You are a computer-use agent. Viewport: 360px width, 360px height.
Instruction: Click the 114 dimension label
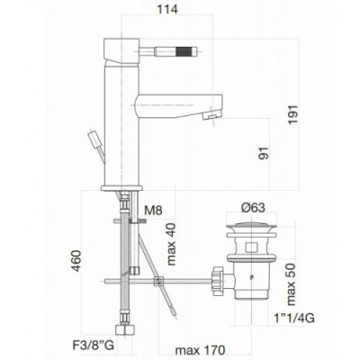pos(167,9)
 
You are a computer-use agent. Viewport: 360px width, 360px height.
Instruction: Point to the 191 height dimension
pos(292,114)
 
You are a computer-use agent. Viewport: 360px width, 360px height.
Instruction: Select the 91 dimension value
pos(264,153)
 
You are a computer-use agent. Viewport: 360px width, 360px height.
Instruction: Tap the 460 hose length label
pos(76,261)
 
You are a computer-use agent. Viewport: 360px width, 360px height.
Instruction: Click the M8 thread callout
pos(153,211)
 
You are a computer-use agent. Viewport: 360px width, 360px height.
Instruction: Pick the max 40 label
pos(171,245)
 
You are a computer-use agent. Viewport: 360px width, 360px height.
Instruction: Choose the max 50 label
pos(290,284)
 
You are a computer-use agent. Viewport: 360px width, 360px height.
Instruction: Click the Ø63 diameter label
pos(253,207)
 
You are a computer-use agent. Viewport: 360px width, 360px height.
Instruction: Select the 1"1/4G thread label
pos(294,318)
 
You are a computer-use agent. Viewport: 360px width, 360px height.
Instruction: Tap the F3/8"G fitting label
pos(93,346)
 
